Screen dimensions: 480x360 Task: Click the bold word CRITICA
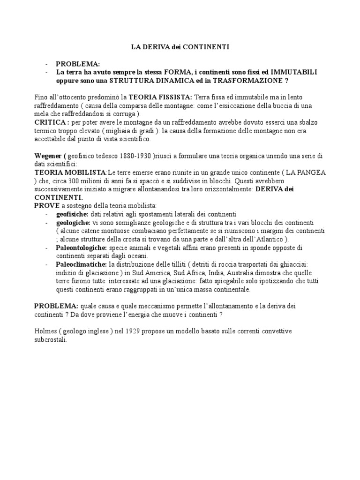[x=49, y=122]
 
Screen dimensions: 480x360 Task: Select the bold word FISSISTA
[x=169, y=97]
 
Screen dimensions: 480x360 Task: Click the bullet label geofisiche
[x=75, y=214]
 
